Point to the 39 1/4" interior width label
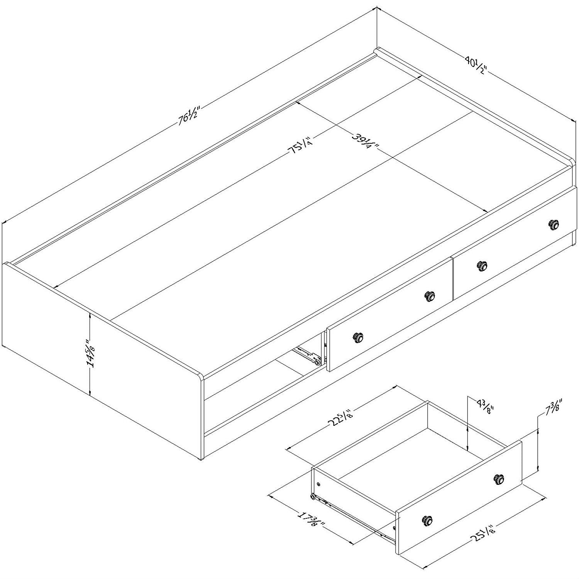coord(365,142)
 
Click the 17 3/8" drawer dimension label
coord(311,521)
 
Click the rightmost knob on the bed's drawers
coord(554,224)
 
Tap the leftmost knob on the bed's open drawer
coord(358,337)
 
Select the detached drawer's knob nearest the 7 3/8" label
coord(499,479)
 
